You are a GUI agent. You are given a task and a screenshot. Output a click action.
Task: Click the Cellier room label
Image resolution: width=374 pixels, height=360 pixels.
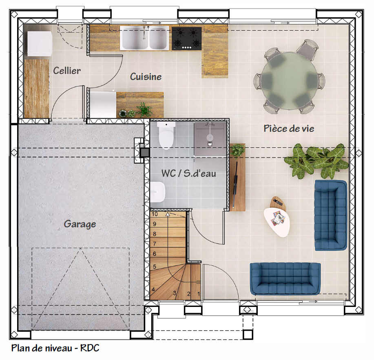point(67,71)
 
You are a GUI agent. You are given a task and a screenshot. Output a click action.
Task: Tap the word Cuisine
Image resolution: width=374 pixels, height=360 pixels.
point(146,77)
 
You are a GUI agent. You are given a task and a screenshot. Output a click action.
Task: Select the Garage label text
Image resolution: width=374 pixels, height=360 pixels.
point(80,224)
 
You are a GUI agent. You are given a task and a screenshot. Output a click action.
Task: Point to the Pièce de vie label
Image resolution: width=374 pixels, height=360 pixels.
point(289,129)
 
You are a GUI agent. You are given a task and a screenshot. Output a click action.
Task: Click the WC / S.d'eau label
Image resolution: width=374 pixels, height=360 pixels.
point(189,173)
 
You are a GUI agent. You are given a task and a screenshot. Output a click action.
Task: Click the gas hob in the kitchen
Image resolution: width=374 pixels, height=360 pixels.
point(186,38)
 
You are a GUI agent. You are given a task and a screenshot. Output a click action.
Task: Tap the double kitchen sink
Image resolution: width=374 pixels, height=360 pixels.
point(144,38)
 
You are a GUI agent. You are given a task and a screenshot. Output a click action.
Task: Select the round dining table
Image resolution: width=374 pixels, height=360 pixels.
point(290,81)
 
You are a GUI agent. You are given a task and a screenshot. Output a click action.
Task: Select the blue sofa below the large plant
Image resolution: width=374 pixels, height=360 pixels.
point(331,216)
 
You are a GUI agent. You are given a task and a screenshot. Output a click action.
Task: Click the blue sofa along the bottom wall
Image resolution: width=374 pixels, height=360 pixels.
point(285,279)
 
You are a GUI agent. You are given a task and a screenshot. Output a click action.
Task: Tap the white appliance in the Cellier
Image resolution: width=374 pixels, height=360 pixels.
point(40,44)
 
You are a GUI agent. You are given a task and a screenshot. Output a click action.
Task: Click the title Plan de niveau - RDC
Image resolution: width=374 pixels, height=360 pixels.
point(55,348)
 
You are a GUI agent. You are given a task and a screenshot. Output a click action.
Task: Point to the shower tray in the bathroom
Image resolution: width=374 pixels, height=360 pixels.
point(210,139)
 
